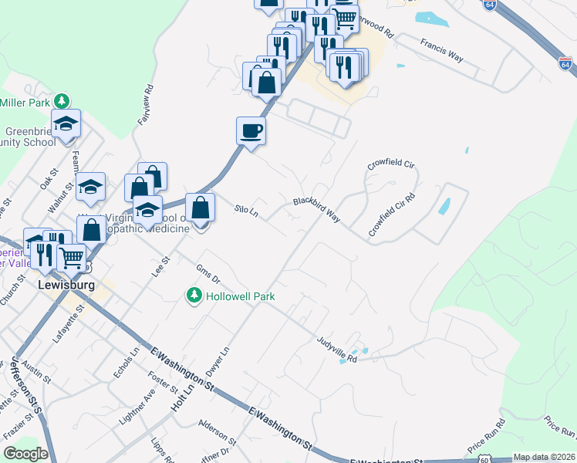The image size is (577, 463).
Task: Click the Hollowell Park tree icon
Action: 194,296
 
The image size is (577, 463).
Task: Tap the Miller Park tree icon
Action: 62,101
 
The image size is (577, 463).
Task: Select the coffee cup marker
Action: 251,130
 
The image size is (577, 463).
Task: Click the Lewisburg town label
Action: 66,284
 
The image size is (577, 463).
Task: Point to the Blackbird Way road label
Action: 316,208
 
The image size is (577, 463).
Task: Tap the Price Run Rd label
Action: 486,437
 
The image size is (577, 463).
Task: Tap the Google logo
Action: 26,453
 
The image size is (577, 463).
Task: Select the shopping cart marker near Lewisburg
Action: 71,257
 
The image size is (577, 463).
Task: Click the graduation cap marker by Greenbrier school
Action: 66,123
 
